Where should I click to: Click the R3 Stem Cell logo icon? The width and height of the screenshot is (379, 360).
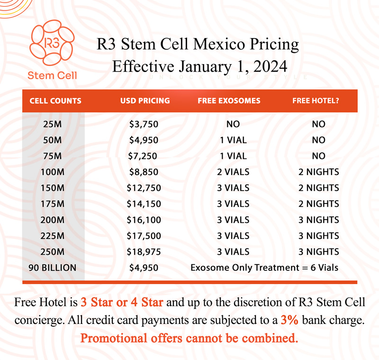point(52,46)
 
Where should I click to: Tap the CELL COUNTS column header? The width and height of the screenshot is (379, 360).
point(55,101)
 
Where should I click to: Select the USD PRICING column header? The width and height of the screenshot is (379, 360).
point(144,101)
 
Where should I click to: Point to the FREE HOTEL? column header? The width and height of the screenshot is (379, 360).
point(318,101)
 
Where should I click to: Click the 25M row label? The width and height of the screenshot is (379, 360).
point(52,124)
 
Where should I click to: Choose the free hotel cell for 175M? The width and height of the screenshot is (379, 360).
point(318,204)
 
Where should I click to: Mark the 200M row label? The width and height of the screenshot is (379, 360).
point(52,220)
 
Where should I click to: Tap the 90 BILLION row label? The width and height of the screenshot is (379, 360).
point(52,268)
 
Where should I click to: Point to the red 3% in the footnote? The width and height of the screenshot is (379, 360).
point(289,320)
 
